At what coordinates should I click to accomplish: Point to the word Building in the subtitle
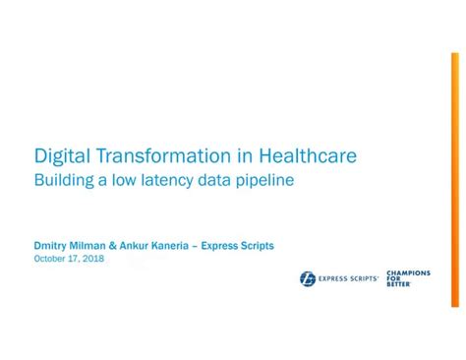(63, 181)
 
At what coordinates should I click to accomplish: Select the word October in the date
(51, 259)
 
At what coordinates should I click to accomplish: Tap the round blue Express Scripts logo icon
(308, 278)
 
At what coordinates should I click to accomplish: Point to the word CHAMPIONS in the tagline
(408, 272)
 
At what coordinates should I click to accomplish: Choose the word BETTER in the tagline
(398, 284)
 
